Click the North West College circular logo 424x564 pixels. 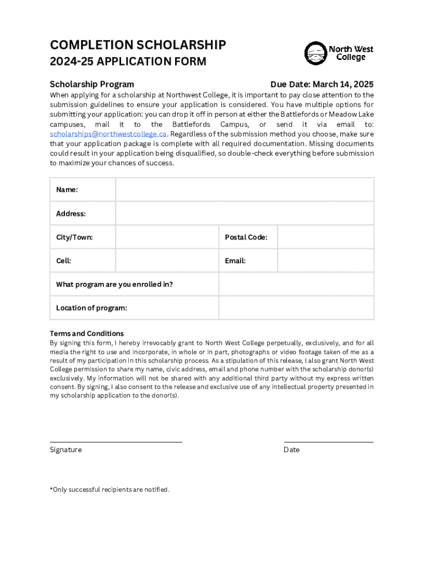pyautogui.click(x=316, y=53)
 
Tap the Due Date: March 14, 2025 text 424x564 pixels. pyautogui.click(x=322, y=84)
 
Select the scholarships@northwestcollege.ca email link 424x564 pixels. pyautogui.click(x=108, y=134)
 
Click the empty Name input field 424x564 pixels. pyautogui.click(x=244, y=189)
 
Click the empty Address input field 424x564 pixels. pyautogui.click(x=244, y=213)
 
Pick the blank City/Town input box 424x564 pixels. pyautogui.click(x=167, y=237)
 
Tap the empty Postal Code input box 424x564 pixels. pyautogui.click(x=325, y=237)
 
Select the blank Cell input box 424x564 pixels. pyautogui.click(x=167, y=261)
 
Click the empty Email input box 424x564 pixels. pyautogui.click(x=325, y=261)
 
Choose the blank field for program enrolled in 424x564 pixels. pyautogui.click(x=296, y=284)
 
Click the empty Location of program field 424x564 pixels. pyautogui.click(x=296, y=308)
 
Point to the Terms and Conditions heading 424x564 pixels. pyautogui.click(x=86, y=333)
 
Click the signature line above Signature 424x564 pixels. pyautogui.click(x=116, y=442)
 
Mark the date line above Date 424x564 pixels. pyautogui.click(x=329, y=442)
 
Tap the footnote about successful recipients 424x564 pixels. pyautogui.click(x=110, y=490)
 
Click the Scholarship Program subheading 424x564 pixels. pyautogui.click(x=91, y=84)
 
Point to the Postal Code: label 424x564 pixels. pyautogui.click(x=246, y=237)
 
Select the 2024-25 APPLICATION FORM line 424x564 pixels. pyautogui.click(x=128, y=62)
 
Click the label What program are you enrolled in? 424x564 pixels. pyautogui.click(x=115, y=284)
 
